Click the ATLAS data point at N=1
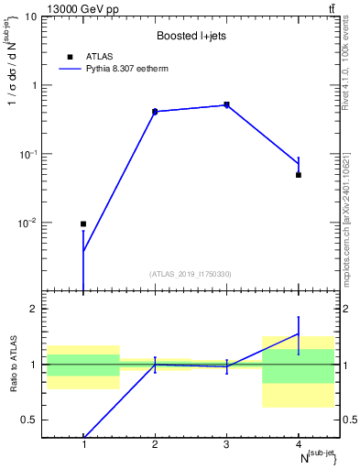[83, 224]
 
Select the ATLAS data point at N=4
[299, 175]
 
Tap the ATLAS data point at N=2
[155, 111]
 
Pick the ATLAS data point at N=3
[226, 104]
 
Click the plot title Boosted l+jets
[191, 36]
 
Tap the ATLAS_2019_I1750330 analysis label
[191, 274]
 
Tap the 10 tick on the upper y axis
[35, 17]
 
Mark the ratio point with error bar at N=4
[299, 333]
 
